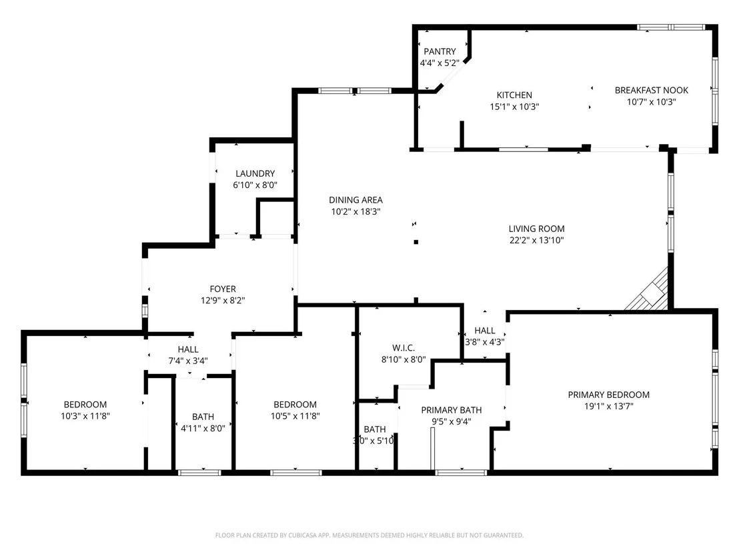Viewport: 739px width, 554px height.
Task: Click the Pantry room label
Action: click(x=440, y=51)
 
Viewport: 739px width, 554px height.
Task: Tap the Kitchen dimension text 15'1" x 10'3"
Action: click(x=514, y=107)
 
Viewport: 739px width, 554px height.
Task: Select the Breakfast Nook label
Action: click(x=652, y=90)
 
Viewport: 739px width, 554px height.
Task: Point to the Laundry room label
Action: click(x=255, y=173)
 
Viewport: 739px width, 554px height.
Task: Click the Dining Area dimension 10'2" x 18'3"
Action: click(x=356, y=211)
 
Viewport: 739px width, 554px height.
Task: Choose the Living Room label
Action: click(x=536, y=229)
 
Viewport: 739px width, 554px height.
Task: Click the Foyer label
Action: click(x=223, y=289)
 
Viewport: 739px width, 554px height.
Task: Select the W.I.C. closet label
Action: click(x=404, y=347)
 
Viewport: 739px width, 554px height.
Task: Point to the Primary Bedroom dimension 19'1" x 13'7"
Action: click(x=609, y=406)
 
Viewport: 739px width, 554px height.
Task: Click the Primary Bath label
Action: click(x=452, y=410)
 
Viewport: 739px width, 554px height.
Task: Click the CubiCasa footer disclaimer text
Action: click(x=369, y=535)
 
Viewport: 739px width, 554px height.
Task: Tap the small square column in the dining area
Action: click(x=416, y=242)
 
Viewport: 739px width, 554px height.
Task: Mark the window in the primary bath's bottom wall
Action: click(x=461, y=473)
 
